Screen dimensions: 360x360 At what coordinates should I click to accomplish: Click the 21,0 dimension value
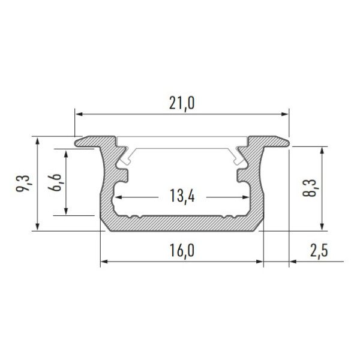point(182,103)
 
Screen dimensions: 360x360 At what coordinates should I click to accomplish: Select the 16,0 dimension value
point(182,250)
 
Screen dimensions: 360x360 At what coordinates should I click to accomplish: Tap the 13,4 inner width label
point(182,196)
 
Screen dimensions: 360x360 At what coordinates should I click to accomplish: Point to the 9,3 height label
point(23,183)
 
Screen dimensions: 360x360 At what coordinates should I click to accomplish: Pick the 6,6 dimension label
point(55,182)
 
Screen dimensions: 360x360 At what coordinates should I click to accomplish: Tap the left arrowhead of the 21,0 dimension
point(79,114)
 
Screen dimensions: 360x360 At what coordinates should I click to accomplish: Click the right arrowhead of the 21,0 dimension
point(284,114)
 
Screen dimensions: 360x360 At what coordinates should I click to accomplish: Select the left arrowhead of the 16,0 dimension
point(104,262)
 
